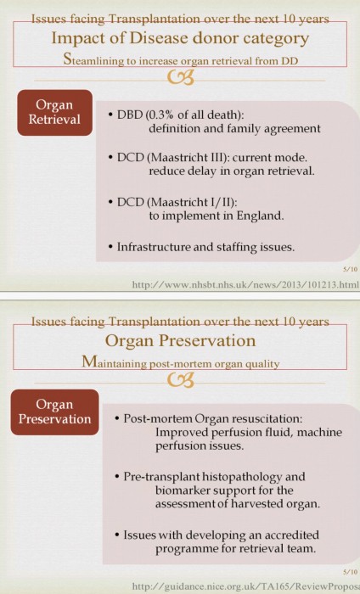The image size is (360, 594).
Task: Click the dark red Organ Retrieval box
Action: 55,113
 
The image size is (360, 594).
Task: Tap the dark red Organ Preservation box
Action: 54,412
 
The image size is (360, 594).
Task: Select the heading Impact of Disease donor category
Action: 180,38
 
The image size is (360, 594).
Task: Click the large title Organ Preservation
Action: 180,340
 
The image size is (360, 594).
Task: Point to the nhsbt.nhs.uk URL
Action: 245,284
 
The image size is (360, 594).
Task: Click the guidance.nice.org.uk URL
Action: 245,586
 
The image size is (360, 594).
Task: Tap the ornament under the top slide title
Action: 181,77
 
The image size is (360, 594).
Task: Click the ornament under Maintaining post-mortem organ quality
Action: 181,380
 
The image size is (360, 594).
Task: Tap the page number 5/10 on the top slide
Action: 351,269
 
